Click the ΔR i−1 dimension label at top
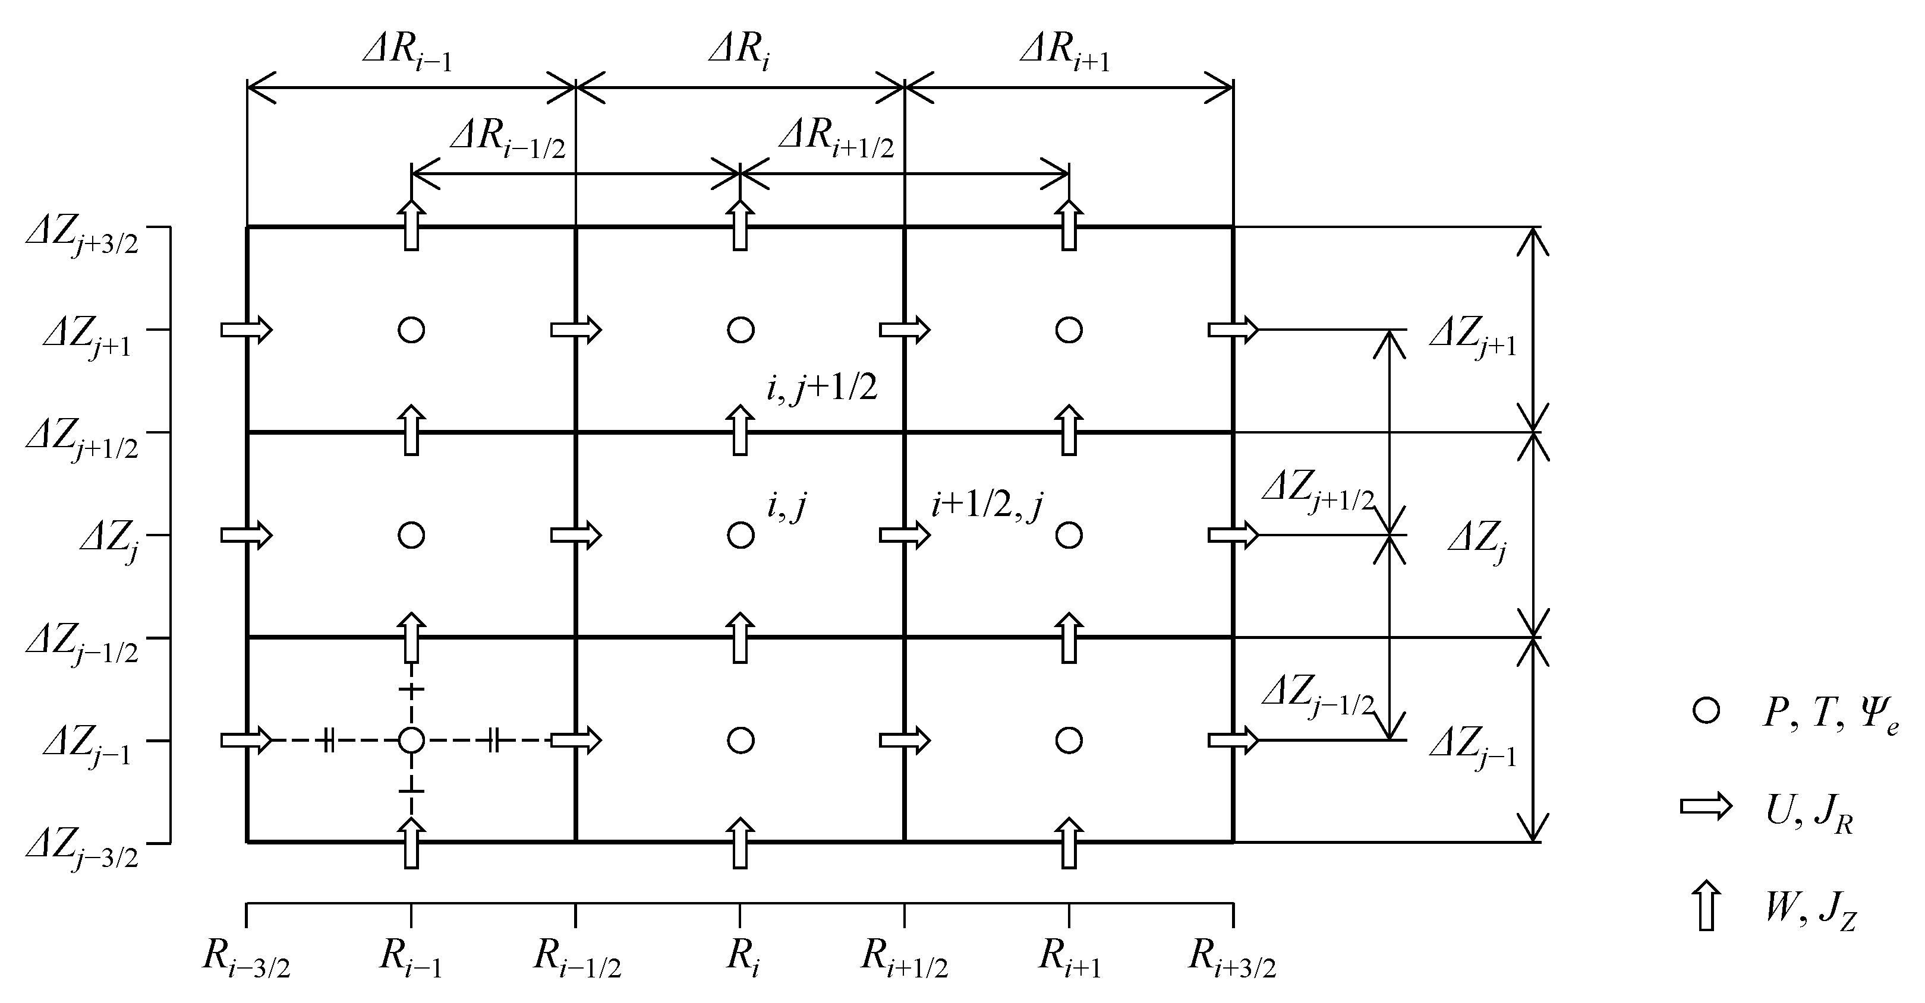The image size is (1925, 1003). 408,54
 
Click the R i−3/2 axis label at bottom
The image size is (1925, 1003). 246,958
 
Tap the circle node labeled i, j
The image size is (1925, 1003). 741,536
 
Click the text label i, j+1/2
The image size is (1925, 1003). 821,389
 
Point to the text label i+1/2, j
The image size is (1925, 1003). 987,507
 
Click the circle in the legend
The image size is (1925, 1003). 1706,710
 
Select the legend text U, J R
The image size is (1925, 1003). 1809,814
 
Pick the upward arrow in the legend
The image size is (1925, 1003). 1706,906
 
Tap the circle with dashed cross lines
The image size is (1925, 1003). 411,741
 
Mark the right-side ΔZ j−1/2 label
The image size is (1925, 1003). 1318,696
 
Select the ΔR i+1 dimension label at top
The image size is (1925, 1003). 1065,54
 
